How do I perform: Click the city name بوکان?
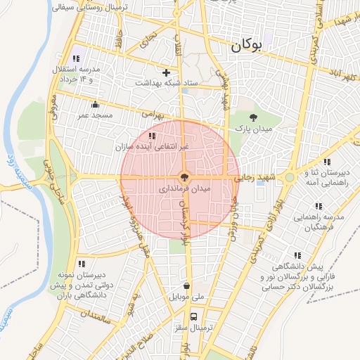coord(245,46)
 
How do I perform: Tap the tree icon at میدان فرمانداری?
coord(184,177)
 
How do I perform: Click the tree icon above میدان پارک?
coord(254,117)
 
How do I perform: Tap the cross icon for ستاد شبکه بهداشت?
coord(167,72)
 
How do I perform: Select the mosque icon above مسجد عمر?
coord(96,105)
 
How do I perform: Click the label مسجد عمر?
coord(94,115)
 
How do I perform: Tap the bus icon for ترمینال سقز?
coord(194,316)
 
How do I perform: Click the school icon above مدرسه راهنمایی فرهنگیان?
coord(318,207)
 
